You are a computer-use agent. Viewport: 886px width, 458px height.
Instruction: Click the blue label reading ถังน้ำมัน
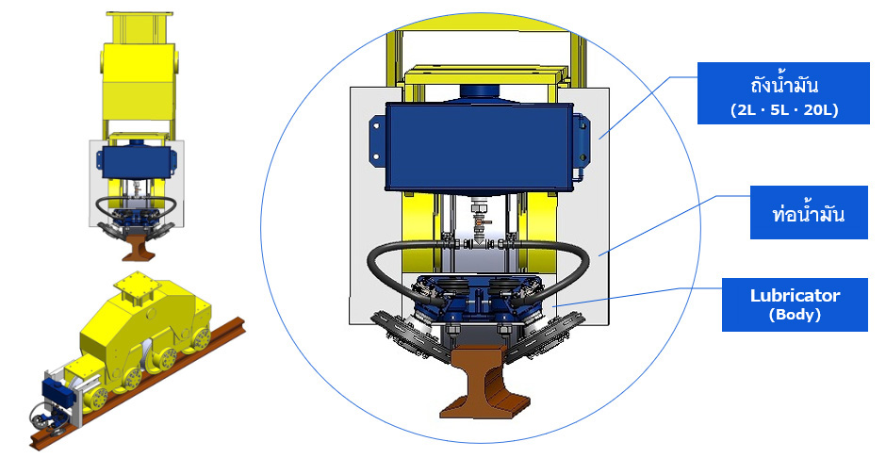pos(783,93)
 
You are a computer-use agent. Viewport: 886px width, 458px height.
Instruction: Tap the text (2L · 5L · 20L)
pos(783,109)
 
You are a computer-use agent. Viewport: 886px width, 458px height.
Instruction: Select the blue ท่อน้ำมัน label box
pos(809,212)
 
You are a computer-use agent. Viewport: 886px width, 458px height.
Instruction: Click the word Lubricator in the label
pos(795,295)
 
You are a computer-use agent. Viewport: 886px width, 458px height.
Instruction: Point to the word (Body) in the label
pos(795,315)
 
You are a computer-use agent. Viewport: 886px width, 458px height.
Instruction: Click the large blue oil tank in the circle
pos(478,146)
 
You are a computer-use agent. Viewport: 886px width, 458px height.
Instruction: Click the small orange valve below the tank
pos(478,223)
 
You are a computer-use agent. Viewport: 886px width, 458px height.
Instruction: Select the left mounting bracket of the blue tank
pos(377,141)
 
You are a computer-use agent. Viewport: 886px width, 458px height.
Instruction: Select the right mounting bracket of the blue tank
pos(581,140)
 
